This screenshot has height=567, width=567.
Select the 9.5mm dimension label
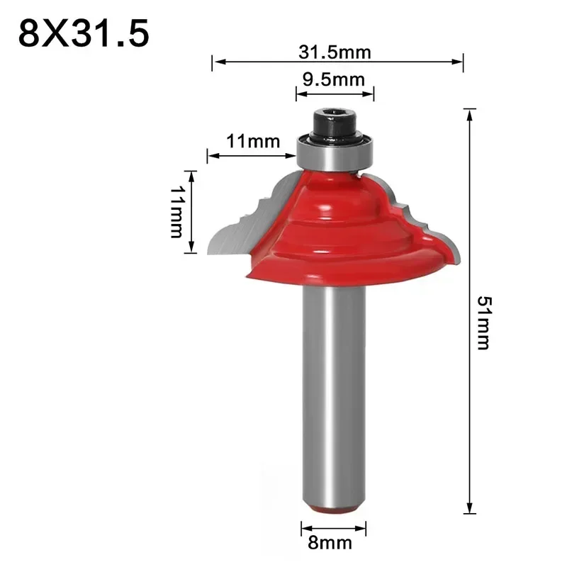(x=334, y=79)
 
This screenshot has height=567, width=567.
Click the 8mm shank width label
(x=333, y=544)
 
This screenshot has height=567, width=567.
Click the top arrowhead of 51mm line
(x=468, y=112)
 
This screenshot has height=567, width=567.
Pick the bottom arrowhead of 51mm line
(x=468, y=510)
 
